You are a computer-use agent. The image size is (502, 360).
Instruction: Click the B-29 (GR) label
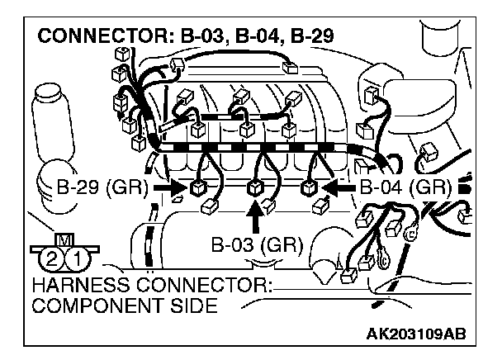99,187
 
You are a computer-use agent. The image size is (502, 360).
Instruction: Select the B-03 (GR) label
258,245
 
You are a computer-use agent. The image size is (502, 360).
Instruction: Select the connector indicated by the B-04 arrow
310,187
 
